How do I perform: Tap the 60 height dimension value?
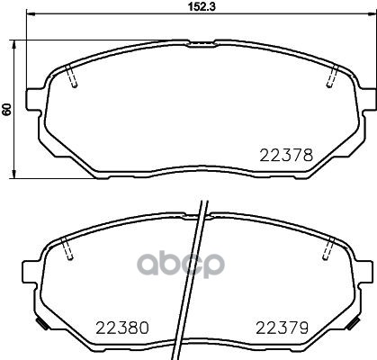pyautogui.click(x=7, y=109)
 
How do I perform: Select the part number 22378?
pyautogui.click(x=287, y=155)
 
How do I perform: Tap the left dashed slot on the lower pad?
pyautogui.click(x=68, y=251)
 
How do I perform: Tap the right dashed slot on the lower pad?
pyautogui.click(x=328, y=249)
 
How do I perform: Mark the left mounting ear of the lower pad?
pyautogui.click(x=31, y=270)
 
